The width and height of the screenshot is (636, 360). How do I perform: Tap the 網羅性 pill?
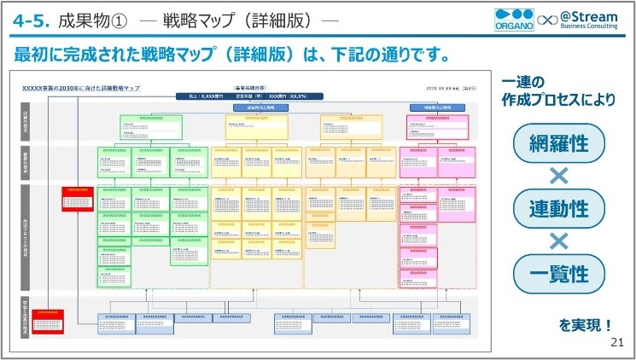pyautogui.click(x=559, y=142)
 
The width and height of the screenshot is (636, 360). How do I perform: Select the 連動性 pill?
pyautogui.click(x=559, y=208)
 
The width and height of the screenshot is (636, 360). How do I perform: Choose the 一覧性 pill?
pyautogui.click(x=559, y=274)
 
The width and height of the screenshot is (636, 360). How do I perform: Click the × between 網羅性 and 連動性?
pyautogui.click(x=559, y=176)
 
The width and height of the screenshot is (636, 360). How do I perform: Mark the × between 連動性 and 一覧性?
pyautogui.click(x=559, y=241)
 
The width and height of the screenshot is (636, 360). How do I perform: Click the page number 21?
pyautogui.click(x=617, y=342)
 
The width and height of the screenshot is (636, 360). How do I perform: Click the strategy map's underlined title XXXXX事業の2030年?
pyautogui.click(x=80, y=88)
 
